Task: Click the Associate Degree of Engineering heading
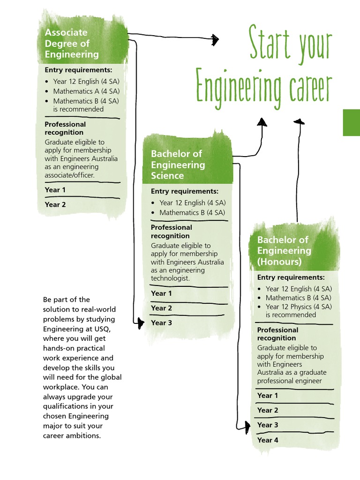pyautogui.click(x=72, y=44)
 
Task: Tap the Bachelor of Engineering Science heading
pyautogui.click(x=178, y=165)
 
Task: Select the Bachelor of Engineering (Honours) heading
pyautogui.click(x=284, y=251)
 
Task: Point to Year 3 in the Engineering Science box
pyautogui.click(x=162, y=323)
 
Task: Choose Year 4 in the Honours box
pyautogui.click(x=268, y=440)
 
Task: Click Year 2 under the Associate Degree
pyautogui.click(x=55, y=204)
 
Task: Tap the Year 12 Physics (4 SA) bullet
pyautogui.click(x=299, y=307)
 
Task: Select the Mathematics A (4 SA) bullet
pyautogui.click(x=86, y=91)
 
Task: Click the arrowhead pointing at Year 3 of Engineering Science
pyautogui.click(x=140, y=322)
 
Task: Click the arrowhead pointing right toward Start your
pyautogui.click(x=215, y=40)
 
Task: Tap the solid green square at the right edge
pyautogui.click(x=352, y=123)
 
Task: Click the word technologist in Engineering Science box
pyautogui.click(x=170, y=278)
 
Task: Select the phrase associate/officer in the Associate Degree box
pyautogui.click(x=69, y=175)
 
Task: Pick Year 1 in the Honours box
pyautogui.click(x=268, y=396)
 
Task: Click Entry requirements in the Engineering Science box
pyautogui.click(x=185, y=191)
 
